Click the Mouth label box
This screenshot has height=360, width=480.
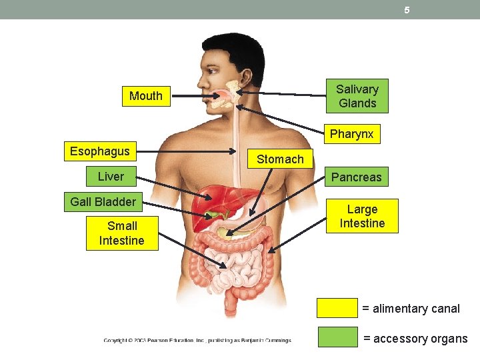(146, 96)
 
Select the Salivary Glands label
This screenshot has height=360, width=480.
(357, 96)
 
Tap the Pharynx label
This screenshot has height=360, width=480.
(351, 134)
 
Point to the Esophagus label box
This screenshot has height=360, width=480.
(100, 151)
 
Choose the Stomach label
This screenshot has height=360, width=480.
(280, 159)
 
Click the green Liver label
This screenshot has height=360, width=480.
(111, 177)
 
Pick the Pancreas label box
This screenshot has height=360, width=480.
(357, 177)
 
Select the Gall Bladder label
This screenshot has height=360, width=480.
(103, 201)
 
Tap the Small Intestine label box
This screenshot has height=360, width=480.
(122, 233)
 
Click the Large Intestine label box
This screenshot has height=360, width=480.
(362, 216)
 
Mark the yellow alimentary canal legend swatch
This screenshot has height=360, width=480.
(337, 308)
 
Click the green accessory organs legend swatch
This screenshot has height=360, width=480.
(337, 337)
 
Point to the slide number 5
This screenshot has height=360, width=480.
(406, 10)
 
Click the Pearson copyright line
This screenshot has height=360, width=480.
(197, 341)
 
